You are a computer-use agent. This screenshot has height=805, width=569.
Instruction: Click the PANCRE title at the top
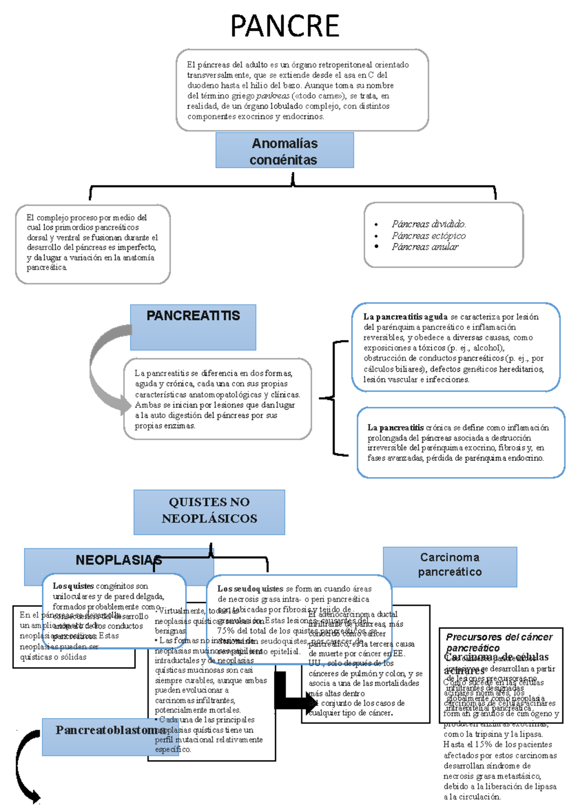pos(284,26)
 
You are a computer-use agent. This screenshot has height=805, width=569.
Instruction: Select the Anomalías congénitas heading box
pos(284,151)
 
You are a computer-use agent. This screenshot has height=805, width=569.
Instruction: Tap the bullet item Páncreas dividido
pos(429,224)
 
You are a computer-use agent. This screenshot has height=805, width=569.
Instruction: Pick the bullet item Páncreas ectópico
pos(429,236)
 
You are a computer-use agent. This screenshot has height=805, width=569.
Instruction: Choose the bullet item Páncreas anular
pos(425,247)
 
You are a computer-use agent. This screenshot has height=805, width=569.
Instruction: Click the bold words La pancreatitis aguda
pos(405,317)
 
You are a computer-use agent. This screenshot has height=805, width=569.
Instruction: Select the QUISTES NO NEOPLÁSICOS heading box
pos(209,511)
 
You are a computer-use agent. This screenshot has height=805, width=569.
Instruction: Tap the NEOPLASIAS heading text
pos(119,560)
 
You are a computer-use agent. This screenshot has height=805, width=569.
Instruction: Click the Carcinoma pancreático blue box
pos(450,565)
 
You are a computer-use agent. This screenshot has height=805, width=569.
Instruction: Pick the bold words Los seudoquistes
pos(250,589)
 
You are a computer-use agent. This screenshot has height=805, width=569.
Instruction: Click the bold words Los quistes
pos(73,586)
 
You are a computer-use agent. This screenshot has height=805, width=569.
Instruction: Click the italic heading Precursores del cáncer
pos(499,637)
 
